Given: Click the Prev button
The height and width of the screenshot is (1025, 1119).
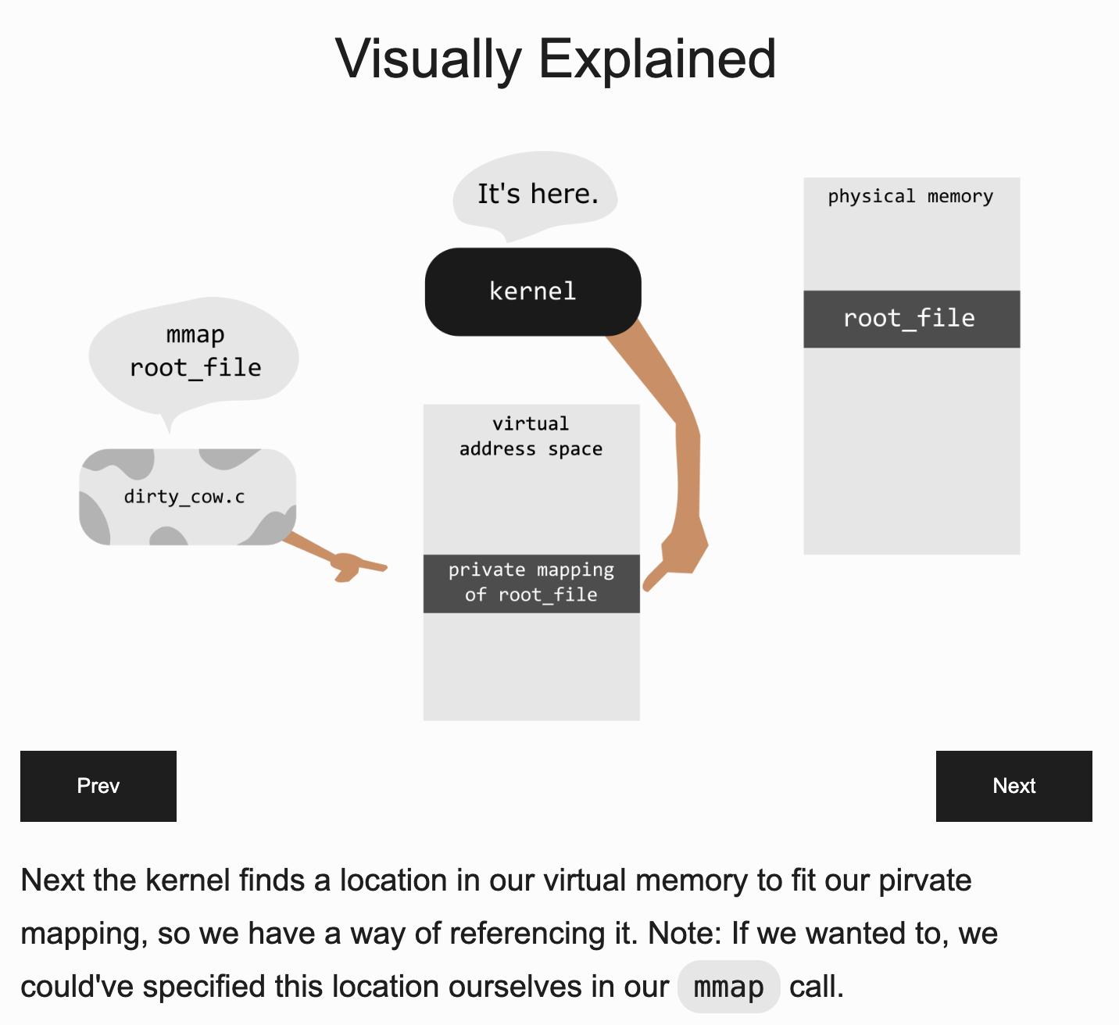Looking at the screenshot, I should (98, 786).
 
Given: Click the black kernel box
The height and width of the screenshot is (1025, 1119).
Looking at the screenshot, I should (533, 292).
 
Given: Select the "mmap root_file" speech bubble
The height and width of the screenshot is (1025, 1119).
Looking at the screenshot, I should (195, 352).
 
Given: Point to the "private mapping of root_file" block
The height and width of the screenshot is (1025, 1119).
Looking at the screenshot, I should (531, 583).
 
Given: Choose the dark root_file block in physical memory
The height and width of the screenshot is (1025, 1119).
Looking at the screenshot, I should (911, 319).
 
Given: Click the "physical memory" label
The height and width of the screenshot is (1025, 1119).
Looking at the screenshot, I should (910, 196).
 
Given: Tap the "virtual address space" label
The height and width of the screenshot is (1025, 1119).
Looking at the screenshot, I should (531, 436).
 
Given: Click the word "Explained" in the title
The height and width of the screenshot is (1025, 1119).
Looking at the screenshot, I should (658, 59).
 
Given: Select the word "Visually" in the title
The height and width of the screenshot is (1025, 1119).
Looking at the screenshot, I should (428, 59).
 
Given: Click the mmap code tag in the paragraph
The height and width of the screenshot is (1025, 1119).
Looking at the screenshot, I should (728, 987).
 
